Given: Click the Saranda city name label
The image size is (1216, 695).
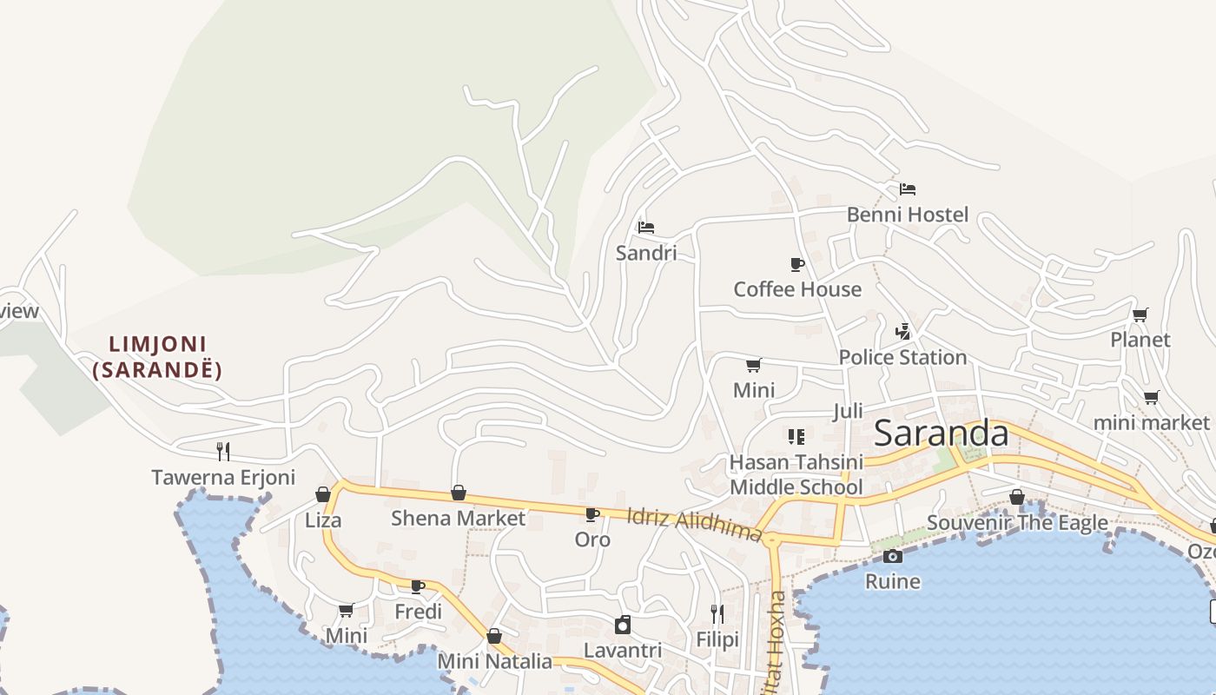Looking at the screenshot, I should pos(942,433).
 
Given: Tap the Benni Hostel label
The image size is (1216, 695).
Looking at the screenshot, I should pos(907,215).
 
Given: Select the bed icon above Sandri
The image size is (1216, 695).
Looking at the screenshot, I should pos(645,228).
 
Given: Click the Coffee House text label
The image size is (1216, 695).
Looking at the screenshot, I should pos(797,289).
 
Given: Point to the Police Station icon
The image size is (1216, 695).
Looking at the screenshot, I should pos(903,331).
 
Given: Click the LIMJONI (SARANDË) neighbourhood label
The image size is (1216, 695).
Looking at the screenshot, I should pos(157,357).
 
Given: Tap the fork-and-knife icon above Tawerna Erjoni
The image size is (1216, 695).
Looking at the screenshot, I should pos(223,451).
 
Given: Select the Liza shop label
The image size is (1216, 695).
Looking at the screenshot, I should pos(323,520).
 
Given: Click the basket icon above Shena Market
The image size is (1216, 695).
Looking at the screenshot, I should pos(459,493).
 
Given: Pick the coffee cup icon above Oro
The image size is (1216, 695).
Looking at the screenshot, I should pos(592,514).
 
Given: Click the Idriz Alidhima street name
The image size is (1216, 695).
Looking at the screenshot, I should pos(694,524).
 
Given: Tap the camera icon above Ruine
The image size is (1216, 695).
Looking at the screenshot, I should pos(892,556).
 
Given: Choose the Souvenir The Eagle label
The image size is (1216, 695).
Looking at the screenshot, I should pos(1017,523).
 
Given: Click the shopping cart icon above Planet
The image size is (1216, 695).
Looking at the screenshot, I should pos(1140,314).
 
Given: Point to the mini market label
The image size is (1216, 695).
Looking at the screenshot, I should pos(1151,423).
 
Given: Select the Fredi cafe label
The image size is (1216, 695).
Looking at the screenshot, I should pos(418,612).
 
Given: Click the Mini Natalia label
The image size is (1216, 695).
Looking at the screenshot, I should pos(494,661).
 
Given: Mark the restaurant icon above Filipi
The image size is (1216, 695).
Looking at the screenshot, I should pos(717,614).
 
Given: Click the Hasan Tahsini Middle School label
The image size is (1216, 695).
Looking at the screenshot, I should pos(796,474).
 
